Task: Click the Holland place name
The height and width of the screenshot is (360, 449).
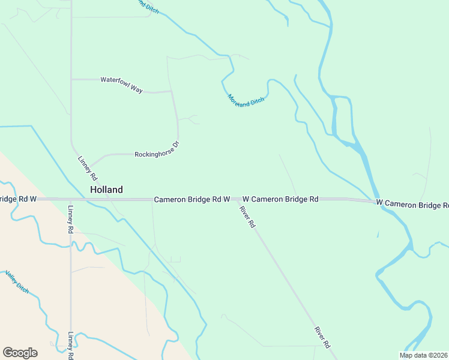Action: [x=106, y=190]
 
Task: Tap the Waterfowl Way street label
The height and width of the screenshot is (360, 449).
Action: [x=121, y=85]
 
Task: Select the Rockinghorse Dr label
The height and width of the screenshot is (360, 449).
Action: [x=157, y=150]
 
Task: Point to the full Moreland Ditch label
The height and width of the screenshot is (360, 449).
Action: [x=246, y=100]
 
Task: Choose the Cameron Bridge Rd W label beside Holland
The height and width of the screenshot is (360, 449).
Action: [x=191, y=199]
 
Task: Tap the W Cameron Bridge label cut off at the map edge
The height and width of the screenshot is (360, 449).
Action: [x=412, y=204]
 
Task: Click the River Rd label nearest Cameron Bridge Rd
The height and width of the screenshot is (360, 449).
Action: [x=247, y=217]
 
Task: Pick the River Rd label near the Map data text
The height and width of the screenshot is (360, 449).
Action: [x=322, y=338]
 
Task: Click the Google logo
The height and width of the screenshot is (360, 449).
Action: [x=20, y=353]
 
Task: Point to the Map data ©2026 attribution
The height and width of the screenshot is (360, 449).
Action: [x=423, y=355]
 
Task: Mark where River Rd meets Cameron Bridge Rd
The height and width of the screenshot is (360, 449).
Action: [x=236, y=199]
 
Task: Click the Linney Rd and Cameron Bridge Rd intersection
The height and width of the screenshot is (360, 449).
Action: [x=70, y=199]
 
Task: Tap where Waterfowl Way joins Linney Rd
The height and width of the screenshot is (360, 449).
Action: [x=71, y=79]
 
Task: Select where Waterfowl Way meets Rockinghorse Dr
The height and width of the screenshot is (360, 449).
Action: [x=172, y=92]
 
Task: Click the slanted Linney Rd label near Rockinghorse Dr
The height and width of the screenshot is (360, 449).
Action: [x=88, y=169]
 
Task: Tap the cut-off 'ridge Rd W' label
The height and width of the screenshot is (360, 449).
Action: [x=18, y=199]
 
